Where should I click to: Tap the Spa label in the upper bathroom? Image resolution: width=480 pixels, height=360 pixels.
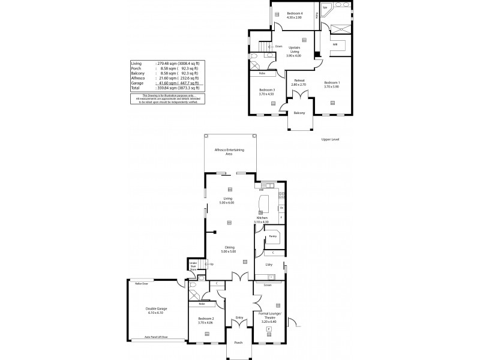(x=325, y=8)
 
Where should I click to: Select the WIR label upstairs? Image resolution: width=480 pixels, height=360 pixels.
(x=335, y=44)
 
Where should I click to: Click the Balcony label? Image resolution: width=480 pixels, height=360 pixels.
(x=299, y=113)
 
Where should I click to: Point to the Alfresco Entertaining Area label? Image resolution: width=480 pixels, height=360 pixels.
(x=229, y=152)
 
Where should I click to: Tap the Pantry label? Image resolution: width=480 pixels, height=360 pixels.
(x=272, y=236)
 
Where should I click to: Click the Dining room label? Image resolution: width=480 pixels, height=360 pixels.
(x=229, y=249)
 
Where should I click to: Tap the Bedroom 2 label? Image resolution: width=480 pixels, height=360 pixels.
(x=205, y=321)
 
